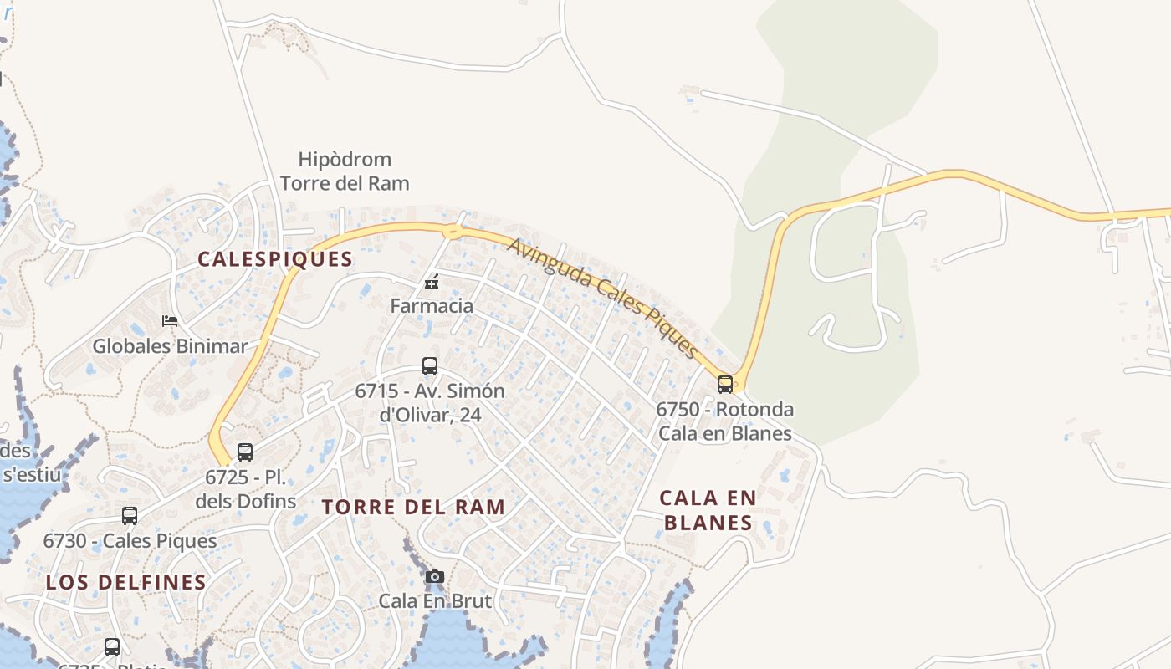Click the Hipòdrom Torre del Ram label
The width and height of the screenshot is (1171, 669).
345,171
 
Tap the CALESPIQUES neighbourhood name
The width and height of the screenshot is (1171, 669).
275,259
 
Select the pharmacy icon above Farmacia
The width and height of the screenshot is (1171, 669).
432,282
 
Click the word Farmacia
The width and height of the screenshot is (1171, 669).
432,306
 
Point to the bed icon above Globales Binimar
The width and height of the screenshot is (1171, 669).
170,321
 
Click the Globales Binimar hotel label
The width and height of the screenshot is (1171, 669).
170,346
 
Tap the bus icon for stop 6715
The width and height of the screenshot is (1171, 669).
430,366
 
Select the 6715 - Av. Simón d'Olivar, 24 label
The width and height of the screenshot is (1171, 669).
430,402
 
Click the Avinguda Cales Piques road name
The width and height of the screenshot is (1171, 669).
602,297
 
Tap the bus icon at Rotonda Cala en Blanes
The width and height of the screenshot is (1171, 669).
725,385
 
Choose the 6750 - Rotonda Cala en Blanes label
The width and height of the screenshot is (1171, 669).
724,421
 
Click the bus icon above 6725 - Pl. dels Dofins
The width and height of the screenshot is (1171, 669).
245,452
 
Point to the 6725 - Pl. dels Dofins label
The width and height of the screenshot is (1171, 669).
246,489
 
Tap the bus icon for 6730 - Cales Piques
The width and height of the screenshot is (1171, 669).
130,516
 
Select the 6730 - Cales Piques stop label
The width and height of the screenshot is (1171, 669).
130,541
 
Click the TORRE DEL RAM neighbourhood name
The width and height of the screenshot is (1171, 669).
414,507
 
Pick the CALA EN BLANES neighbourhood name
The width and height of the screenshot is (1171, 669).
708,510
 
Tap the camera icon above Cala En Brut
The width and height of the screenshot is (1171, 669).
435,577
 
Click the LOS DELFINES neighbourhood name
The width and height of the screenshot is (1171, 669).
126,582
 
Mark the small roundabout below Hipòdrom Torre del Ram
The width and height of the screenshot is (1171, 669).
453,232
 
